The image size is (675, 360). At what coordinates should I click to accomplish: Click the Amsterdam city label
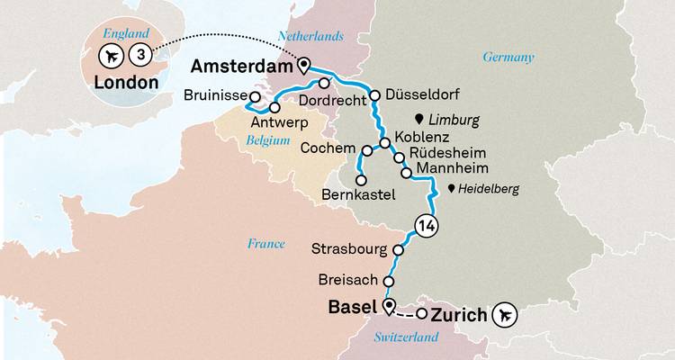(x=241, y=67)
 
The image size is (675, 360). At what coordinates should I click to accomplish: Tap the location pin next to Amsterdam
(x=303, y=66)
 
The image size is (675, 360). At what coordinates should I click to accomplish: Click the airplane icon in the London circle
(x=112, y=57)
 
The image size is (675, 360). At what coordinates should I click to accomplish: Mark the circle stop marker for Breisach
(x=389, y=281)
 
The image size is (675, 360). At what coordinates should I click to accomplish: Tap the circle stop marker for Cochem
(x=366, y=150)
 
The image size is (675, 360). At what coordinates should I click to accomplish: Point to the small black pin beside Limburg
(x=418, y=119)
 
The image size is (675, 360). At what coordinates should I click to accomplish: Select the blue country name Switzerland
(x=406, y=337)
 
